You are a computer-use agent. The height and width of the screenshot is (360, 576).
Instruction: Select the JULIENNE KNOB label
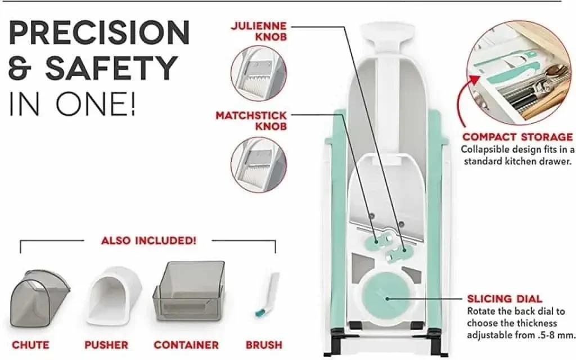[x=259, y=31]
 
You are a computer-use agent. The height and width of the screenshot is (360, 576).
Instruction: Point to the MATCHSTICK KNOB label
[x=251, y=121]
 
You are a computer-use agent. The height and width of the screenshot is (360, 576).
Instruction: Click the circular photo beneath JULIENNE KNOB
[x=259, y=74]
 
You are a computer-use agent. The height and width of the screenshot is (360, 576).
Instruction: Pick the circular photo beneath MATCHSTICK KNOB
[x=259, y=164]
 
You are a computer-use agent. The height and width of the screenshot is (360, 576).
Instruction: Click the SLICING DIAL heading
[x=505, y=299]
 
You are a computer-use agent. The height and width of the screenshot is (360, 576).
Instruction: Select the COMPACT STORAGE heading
[x=517, y=137]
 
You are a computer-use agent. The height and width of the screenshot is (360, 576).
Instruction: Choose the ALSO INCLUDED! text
[x=148, y=241]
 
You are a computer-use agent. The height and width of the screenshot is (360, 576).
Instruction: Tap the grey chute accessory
[x=40, y=298]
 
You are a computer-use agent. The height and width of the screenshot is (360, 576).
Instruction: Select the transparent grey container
[x=189, y=291]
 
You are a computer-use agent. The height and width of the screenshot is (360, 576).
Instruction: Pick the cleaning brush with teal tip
[x=267, y=295]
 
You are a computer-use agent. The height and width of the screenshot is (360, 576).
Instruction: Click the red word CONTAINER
[x=186, y=345]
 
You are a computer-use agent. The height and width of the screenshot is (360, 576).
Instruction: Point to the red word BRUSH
[x=264, y=345]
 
